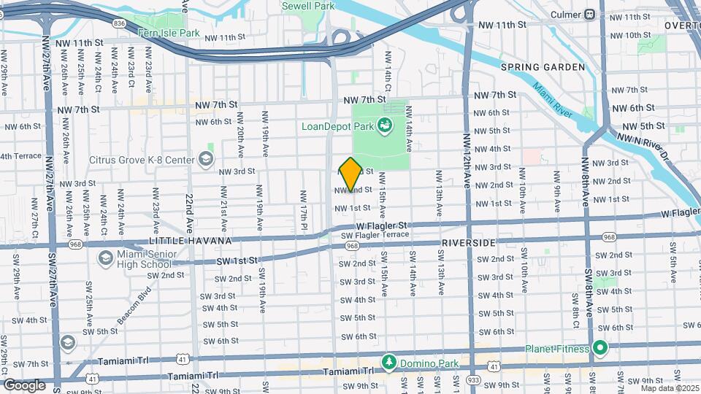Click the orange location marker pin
pyautogui.click(x=350, y=174)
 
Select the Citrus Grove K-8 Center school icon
pyautogui.click(x=206, y=159)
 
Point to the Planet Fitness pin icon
pyautogui.click(x=600, y=348)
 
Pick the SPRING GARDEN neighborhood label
pyautogui.click(x=542, y=67)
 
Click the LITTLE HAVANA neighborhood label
pyautogui.click(x=189, y=241)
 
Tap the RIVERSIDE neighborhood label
pyautogui.click(x=469, y=242)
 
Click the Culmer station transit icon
pyautogui.click(x=589, y=15)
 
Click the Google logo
pyautogui.click(x=24, y=385)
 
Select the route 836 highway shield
pyautogui.click(x=120, y=23)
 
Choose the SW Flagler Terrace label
pyautogui.click(x=375, y=235)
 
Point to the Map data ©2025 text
pyautogui.click(x=667, y=387)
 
